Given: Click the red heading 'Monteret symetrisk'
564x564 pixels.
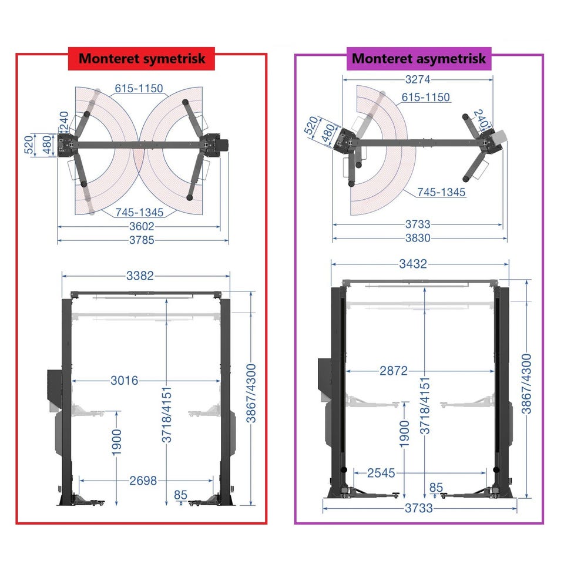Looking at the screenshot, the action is pos(142,59).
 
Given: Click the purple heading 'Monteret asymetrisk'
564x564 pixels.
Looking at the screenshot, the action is pos(419,59).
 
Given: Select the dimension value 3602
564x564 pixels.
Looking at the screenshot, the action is pos(142,227).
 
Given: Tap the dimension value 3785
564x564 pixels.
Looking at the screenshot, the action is pos(142,240).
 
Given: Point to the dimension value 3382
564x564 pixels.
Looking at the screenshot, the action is pos(140,276).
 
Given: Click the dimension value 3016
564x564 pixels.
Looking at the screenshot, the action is pos(124,381).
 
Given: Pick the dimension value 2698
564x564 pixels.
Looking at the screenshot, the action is pos(143,481).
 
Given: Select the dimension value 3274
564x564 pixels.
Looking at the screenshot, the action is pos(418,79).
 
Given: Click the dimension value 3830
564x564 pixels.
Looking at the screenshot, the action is pos(418,238).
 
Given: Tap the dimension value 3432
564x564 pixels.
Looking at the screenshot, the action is pos(413,264).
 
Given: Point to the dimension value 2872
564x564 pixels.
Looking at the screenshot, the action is pos(394,371).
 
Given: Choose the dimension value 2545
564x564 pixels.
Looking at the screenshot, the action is pos(381,473).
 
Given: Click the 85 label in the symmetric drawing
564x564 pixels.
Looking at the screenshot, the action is pos(180,495).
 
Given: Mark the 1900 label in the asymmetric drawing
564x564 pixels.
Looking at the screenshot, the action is pos(405,434).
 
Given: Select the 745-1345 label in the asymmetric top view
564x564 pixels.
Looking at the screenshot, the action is pos(441,193).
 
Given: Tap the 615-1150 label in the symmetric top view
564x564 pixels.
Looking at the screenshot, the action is pos(139,89).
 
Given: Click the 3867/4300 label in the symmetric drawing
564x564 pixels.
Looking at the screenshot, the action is pos(251,394).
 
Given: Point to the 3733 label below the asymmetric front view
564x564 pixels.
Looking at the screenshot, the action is pos(419,508).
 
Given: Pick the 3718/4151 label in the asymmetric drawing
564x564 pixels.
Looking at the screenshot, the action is pos(425,406).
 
